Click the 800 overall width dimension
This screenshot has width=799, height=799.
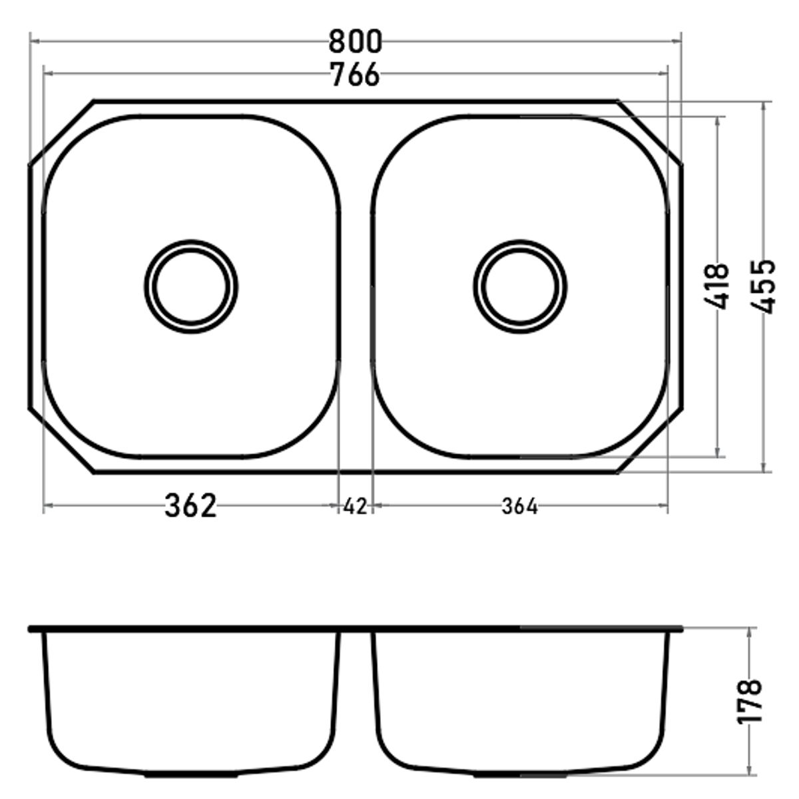coord(354,42)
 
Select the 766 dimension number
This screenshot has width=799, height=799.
coord(356,75)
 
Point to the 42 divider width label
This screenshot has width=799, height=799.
coord(356,506)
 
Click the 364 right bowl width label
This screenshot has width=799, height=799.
coord(519,506)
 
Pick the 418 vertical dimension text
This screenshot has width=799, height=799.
coord(716,286)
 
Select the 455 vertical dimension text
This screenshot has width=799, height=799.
coord(763,286)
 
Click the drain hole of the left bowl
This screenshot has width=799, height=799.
coord(191,286)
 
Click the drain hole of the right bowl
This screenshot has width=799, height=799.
coord(520,286)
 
